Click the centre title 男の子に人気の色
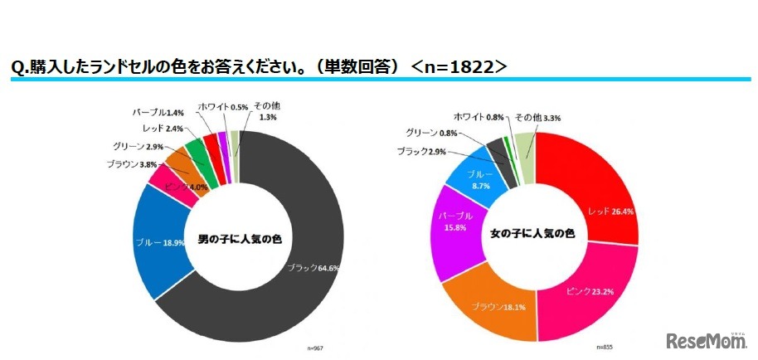(240, 240)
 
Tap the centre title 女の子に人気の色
(534, 235)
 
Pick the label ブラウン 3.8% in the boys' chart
(132, 163)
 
